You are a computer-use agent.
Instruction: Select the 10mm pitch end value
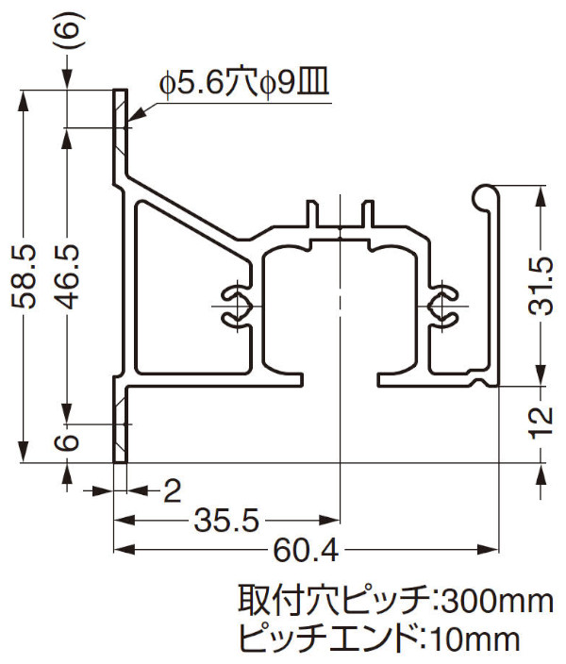point(476,639)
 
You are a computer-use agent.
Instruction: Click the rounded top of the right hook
point(483,194)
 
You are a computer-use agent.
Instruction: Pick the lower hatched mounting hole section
point(120,425)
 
